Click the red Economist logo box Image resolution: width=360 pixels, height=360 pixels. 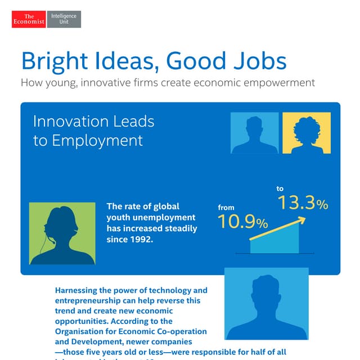[x=29, y=19]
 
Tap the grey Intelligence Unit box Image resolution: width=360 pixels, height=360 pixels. [x=64, y=19]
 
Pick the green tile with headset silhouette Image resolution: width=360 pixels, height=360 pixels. [x=62, y=233]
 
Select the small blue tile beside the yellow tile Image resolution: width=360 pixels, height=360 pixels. [x=255, y=133]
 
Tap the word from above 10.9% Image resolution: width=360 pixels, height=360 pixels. [x=226, y=208]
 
